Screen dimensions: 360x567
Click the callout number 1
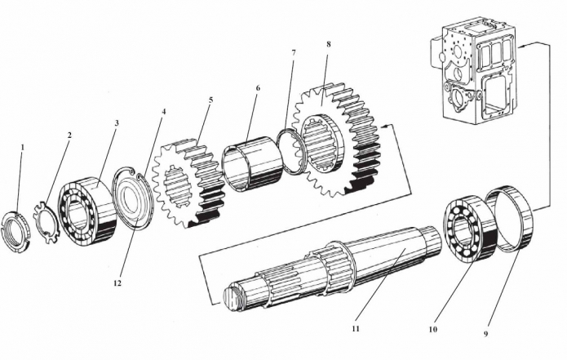coord(23,148)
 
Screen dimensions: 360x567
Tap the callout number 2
coord(69,136)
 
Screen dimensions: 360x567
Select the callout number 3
coord(117,123)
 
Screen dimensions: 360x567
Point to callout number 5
coord(210,100)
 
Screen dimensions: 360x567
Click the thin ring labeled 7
coord(292,151)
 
